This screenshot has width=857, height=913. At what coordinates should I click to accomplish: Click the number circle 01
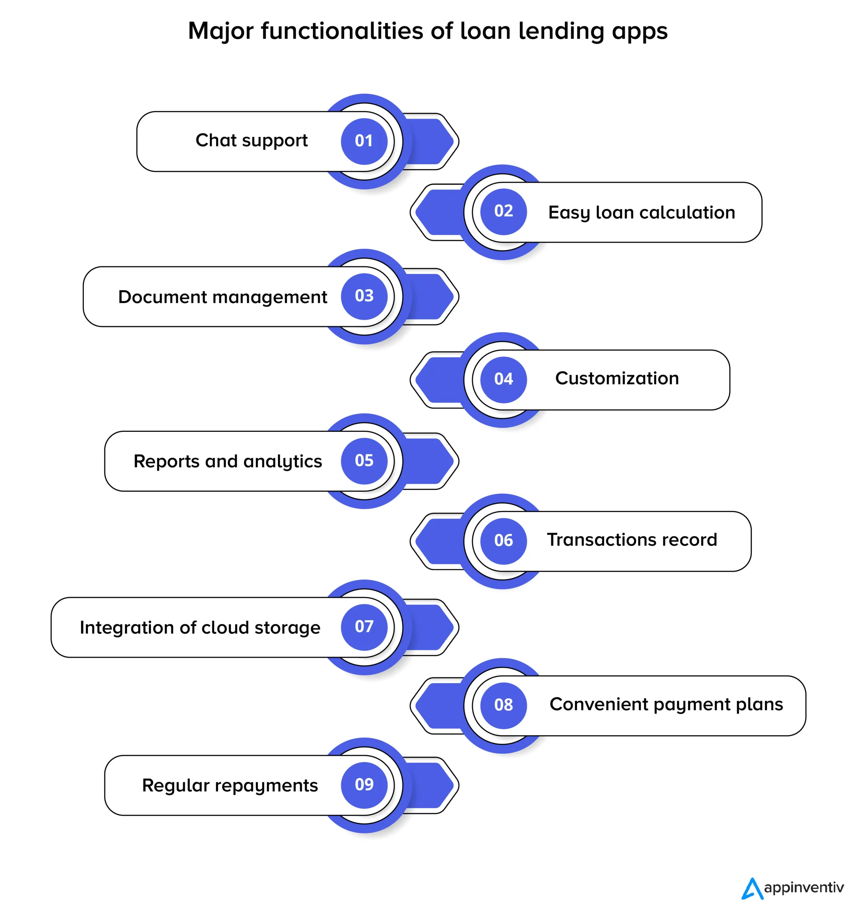click(x=364, y=141)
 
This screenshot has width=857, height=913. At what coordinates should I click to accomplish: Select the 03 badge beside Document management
click(x=364, y=296)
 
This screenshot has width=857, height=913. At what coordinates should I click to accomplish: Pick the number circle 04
click(x=503, y=379)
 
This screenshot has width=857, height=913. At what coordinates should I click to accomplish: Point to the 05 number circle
click(x=364, y=461)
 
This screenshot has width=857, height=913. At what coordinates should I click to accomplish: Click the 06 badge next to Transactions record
click(x=503, y=541)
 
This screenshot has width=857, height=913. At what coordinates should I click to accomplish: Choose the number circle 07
click(x=364, y=627)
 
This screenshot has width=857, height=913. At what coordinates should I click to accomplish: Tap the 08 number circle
click(x=503, y=705)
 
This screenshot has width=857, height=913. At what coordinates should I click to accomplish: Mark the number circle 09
click(x=364, y=785)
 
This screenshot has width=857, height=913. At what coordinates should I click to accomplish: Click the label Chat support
click(x=252, y=141)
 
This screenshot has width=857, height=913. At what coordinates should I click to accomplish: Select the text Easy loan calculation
click(x=642, y=213)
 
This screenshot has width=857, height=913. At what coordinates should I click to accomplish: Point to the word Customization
click(x=617, y=378)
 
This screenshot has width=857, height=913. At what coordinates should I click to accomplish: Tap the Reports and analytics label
click(x=228, y=461)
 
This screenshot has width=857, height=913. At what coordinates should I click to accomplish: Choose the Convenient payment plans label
click(x=666, y=704)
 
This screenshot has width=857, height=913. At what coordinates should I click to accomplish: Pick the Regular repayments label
click(x=230, y=786)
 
